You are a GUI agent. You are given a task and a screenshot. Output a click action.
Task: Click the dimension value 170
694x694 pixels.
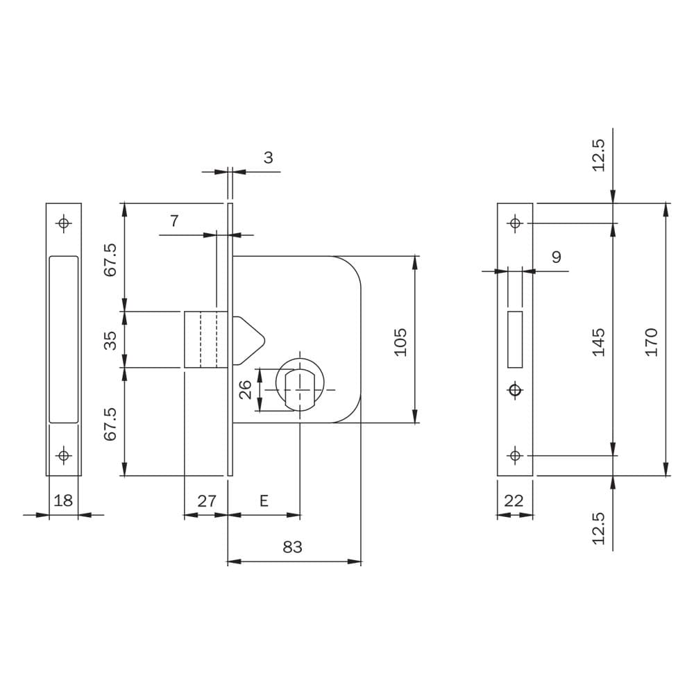[652, 342]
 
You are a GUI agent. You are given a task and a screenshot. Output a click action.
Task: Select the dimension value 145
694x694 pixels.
[598, 342]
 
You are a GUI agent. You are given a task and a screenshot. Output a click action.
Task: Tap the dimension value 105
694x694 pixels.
[400, 341]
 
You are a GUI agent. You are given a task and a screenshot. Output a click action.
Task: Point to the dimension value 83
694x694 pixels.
[292, 547]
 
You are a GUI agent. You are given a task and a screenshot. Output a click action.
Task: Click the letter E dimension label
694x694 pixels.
[264, 501]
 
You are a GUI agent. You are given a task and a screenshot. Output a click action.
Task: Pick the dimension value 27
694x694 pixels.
[207, 501]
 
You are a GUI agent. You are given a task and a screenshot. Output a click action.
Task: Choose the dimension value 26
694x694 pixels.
[245, 389]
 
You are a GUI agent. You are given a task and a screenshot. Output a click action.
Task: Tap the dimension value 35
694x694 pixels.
[110, 340]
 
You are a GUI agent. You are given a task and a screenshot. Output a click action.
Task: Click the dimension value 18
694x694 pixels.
[63, 500]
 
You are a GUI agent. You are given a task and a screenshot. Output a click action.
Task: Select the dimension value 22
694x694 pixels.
[514, 500]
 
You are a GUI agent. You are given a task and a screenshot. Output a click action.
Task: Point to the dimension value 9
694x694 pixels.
[557, 257]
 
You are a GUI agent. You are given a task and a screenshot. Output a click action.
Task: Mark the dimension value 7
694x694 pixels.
[174, 221]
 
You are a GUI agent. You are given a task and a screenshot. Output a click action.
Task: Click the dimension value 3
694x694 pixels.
[268, 158]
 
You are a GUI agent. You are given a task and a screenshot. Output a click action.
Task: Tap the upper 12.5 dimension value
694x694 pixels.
[598, 155]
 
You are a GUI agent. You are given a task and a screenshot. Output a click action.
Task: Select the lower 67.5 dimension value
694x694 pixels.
[110, 424]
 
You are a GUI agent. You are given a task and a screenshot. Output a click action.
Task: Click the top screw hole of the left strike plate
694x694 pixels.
[64, 223]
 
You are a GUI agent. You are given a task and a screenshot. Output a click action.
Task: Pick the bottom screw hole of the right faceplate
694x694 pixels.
[515, 455]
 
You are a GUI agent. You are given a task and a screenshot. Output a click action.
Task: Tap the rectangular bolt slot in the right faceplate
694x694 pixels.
[515, 339]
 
